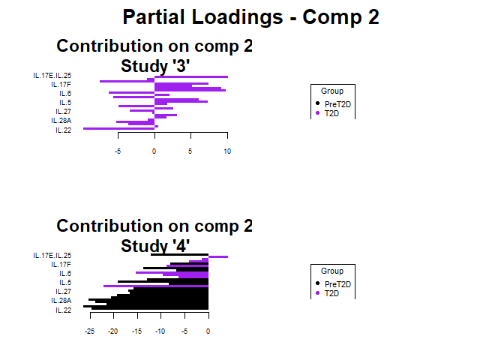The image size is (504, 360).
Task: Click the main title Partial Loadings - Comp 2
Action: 251,17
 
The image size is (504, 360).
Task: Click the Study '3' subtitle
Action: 154,65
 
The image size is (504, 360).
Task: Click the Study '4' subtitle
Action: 154,245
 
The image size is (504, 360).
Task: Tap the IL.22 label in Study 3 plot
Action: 63,130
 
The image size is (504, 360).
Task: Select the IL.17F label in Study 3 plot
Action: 61,85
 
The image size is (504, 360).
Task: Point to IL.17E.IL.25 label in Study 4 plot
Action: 52,256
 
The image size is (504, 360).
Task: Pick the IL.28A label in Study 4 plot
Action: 61,301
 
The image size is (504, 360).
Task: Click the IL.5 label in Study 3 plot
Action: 65,103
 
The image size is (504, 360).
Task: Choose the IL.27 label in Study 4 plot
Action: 63,292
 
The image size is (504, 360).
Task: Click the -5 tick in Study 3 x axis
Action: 118,151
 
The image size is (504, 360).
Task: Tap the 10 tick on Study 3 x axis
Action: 227,151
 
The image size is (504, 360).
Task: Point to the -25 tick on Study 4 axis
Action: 90,331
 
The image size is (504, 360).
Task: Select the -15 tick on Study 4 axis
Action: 137,331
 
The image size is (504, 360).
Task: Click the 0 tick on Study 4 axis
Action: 208,331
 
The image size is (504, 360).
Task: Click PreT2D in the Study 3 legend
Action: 337,104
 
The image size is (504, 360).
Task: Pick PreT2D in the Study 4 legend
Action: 337,284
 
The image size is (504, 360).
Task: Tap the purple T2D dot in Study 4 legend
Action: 317,293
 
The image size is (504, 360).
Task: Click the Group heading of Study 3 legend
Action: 331,91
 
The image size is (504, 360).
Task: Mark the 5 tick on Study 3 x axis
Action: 190,151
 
